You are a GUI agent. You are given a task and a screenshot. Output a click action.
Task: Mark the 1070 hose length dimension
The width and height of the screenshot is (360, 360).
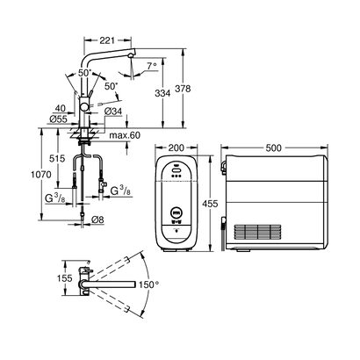click(35, 174)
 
